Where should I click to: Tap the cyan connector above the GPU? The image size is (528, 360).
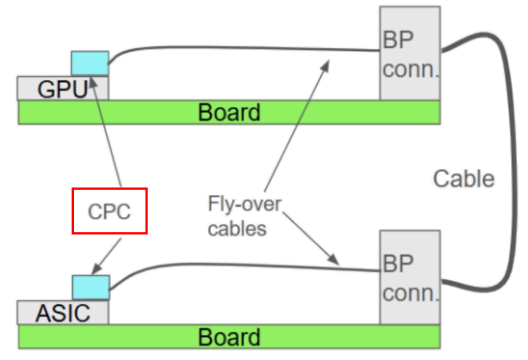[x=90, y=63]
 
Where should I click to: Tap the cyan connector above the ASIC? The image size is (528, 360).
[x=90, y=287]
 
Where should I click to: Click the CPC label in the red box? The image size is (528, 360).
[x=109, y=211]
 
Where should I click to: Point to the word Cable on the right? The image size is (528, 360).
[x=463, y=179]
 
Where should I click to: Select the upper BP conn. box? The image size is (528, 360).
[x=410, y=53]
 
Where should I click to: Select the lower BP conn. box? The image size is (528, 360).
[x=410, y=276]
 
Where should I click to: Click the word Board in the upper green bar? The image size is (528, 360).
[x=229, y=112]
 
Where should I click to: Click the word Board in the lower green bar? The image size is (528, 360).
[x=229, y=337]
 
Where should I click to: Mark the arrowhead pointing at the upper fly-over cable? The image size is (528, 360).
[x=326, y=63]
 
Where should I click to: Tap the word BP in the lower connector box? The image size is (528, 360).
[x=399, y=264]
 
